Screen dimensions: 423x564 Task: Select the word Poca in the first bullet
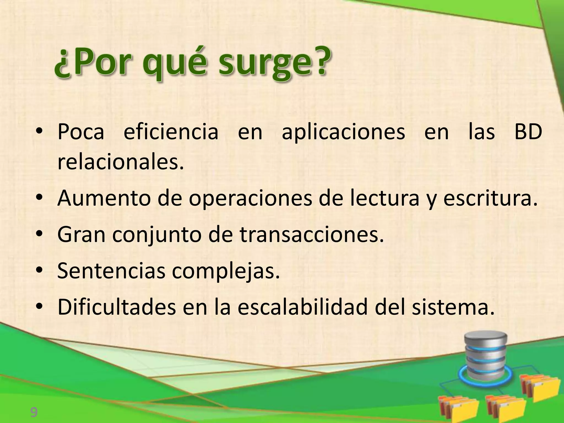point(81,132)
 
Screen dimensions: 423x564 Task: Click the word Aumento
point(104,198)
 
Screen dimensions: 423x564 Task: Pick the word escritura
point(490,198)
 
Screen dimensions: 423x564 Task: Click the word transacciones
point(312,235)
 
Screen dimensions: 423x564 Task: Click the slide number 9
point(34,413)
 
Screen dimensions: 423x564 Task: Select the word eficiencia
point(171,132)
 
